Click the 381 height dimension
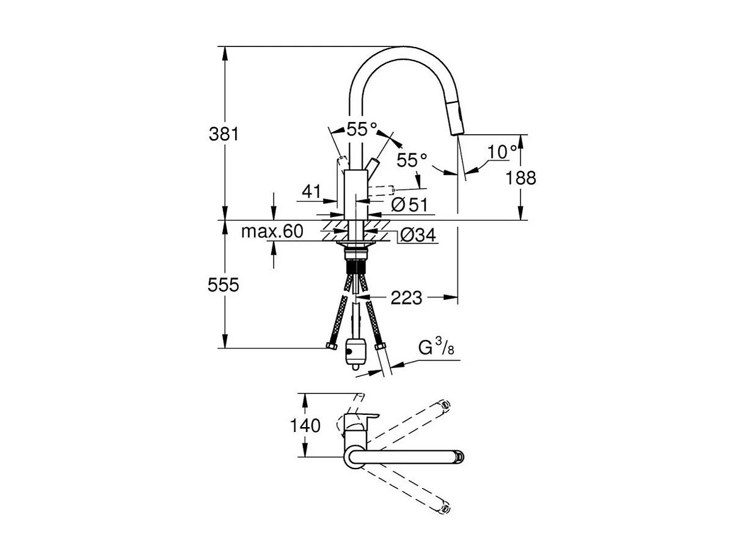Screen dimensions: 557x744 (224, 134)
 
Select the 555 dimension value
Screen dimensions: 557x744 (224, 285)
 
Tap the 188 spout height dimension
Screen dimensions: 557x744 (521, 178)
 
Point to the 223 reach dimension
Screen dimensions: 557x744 (406, 298)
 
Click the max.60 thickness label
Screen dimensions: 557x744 (272, 232)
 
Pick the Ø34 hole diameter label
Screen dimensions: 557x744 (418, 235)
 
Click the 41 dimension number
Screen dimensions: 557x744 (311, 192)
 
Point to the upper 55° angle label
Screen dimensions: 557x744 (362, 129)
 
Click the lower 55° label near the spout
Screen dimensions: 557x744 (412, 160)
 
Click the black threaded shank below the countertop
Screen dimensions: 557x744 (355, 267)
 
